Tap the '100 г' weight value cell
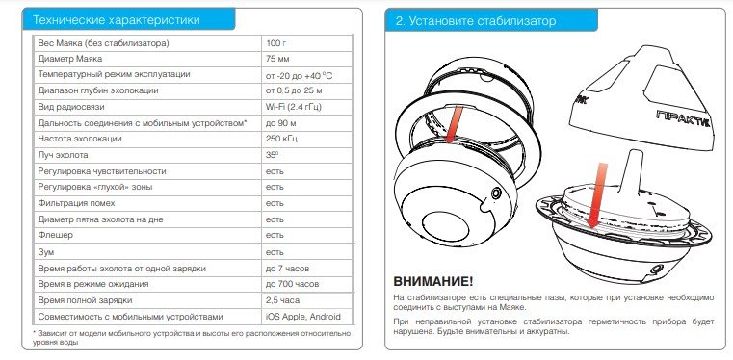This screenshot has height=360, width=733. tap(276, 44)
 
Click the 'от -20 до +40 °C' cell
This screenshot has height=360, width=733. tap(299, 74)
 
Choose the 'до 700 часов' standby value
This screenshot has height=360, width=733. tap(291, 285)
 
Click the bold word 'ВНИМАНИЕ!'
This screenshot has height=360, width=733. tap(433, 280)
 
